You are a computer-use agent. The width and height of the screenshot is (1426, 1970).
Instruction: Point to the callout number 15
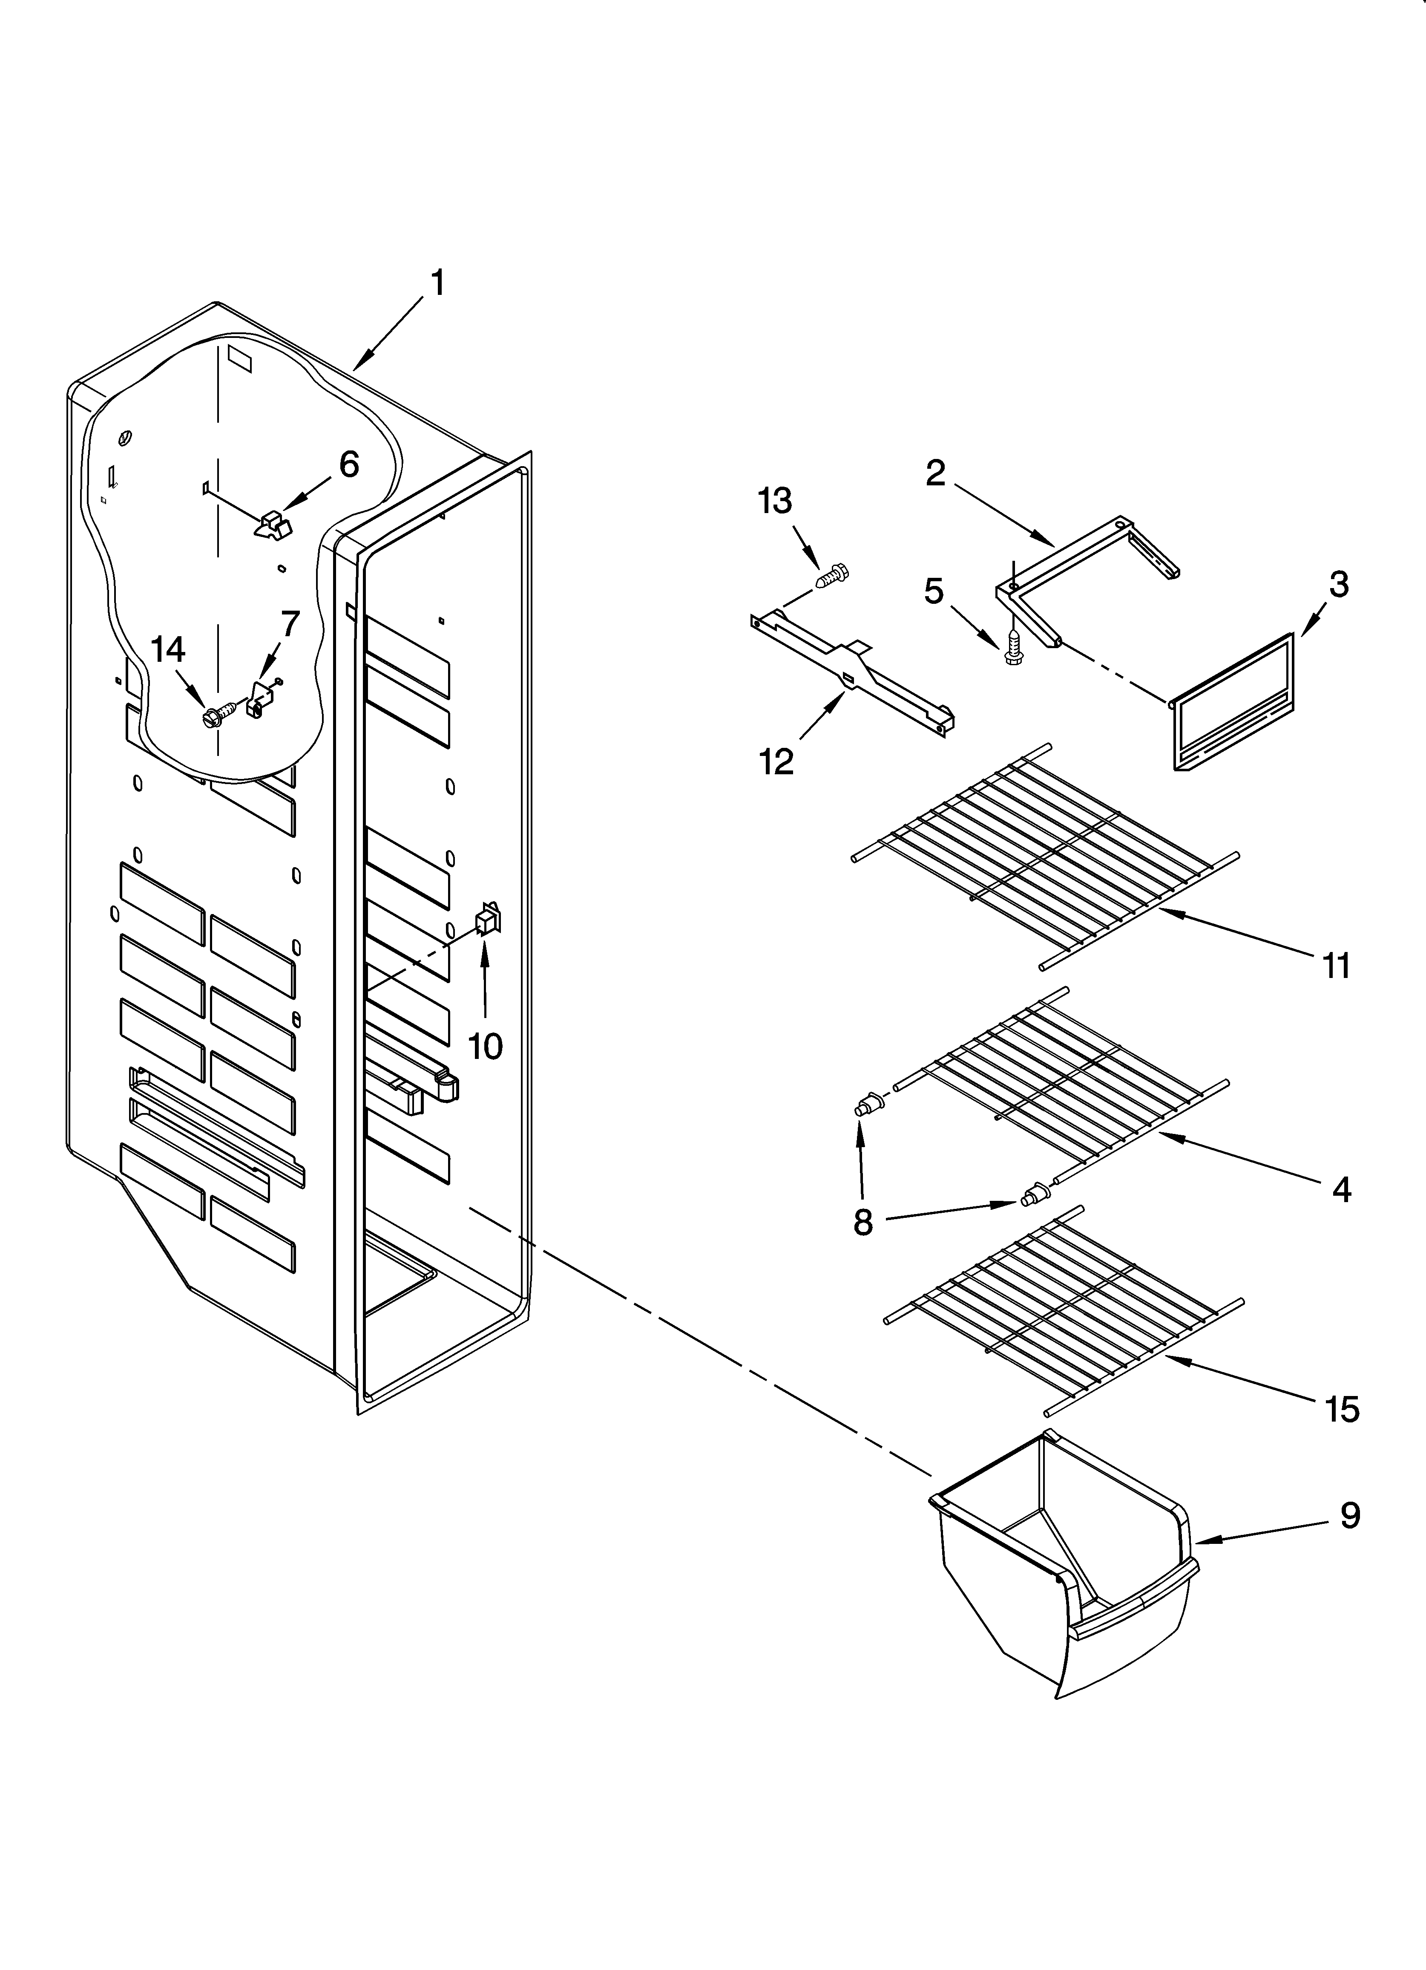pyautogui.click(x=1342, y=1409)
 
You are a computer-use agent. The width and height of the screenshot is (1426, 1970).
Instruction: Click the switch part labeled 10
pyautogui.click(x=487, y=919)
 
